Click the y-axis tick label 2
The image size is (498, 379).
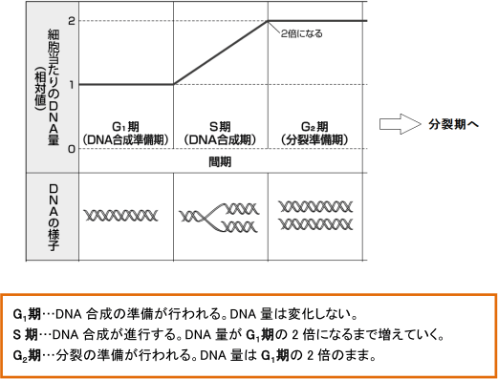coord(73,20)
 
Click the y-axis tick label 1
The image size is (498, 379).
coord(73,84)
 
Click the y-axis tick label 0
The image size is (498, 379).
coord(73,149)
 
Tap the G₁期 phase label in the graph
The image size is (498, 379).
coord(126,126)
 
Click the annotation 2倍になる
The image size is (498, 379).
coord(304,33)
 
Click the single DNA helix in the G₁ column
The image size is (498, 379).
coord(126,215)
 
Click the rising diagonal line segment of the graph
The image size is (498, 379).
coord(221,53)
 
